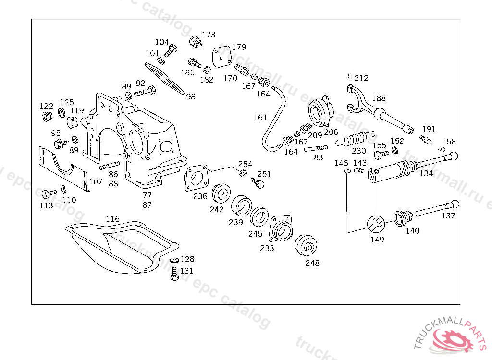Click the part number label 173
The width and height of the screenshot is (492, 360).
tap(209, 35)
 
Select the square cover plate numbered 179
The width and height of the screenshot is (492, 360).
tap(221, 57)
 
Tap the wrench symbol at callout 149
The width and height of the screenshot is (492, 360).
tap(375, 224)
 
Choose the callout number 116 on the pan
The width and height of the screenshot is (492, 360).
tap(112, 219)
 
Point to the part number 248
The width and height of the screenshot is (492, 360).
tap(312, 263)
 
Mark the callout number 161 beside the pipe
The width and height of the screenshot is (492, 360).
tap(260, 117)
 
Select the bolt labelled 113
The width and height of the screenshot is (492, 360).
tap(47, 194)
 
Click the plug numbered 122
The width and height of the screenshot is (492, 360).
tap(47, 117)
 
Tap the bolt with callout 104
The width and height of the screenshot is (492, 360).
tap(171, 50)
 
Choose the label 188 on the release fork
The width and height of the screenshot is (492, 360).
tap(379, 98)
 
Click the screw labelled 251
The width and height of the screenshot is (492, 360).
tap(258, 182)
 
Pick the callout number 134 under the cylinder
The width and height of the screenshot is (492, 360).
tap(426, 173)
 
